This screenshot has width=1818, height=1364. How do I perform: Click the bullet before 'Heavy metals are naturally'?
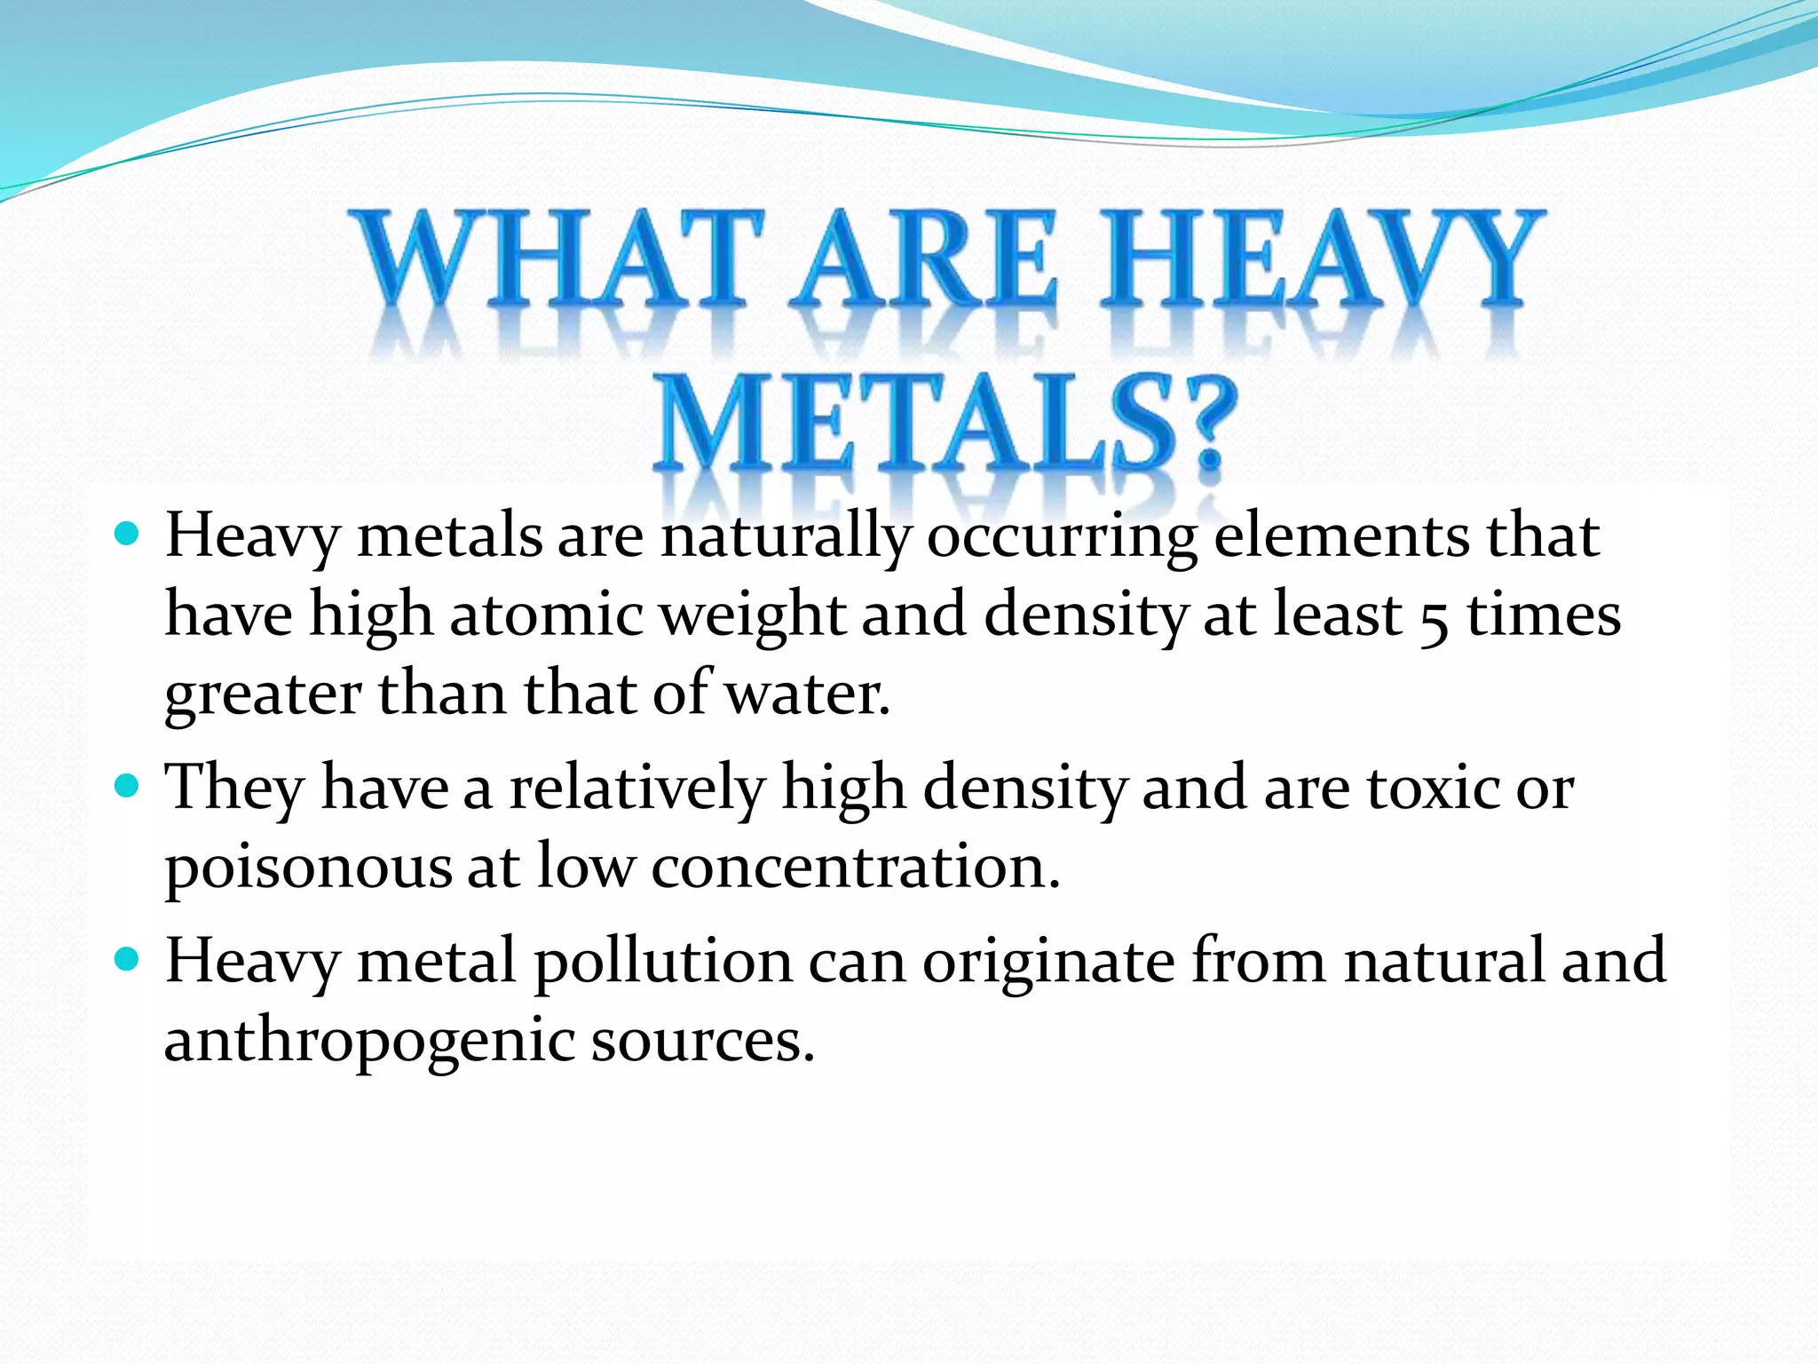coord(128,534)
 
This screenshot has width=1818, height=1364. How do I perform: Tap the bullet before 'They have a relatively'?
coord(128,786)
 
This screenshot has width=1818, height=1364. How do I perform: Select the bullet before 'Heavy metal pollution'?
coord(128,960)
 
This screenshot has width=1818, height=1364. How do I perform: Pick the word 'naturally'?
coord(786,537)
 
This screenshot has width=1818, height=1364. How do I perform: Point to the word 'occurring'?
coord(1062,537)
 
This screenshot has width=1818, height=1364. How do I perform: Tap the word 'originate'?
coord(1048,963)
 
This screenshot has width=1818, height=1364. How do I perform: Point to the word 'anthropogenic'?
coord(369,1041)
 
